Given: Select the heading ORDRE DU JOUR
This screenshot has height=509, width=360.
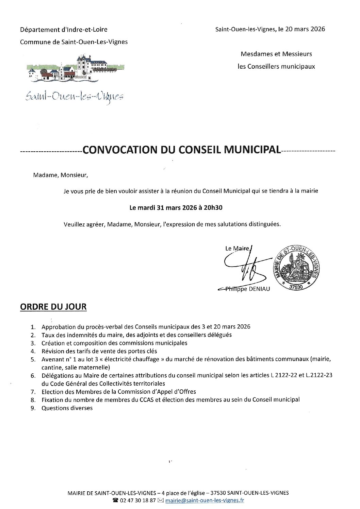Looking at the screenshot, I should (53, 307).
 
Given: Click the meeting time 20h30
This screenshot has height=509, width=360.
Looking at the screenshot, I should (214, 207).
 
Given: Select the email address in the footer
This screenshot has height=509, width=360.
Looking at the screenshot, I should (214, 500).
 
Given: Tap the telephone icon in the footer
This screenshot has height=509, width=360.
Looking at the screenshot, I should (115, 500).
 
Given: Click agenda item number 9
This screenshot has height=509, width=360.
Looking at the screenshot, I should (33, 408).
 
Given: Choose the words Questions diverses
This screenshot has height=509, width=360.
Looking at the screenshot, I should (67, 408).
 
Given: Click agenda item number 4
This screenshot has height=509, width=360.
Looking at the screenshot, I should (33, 351).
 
